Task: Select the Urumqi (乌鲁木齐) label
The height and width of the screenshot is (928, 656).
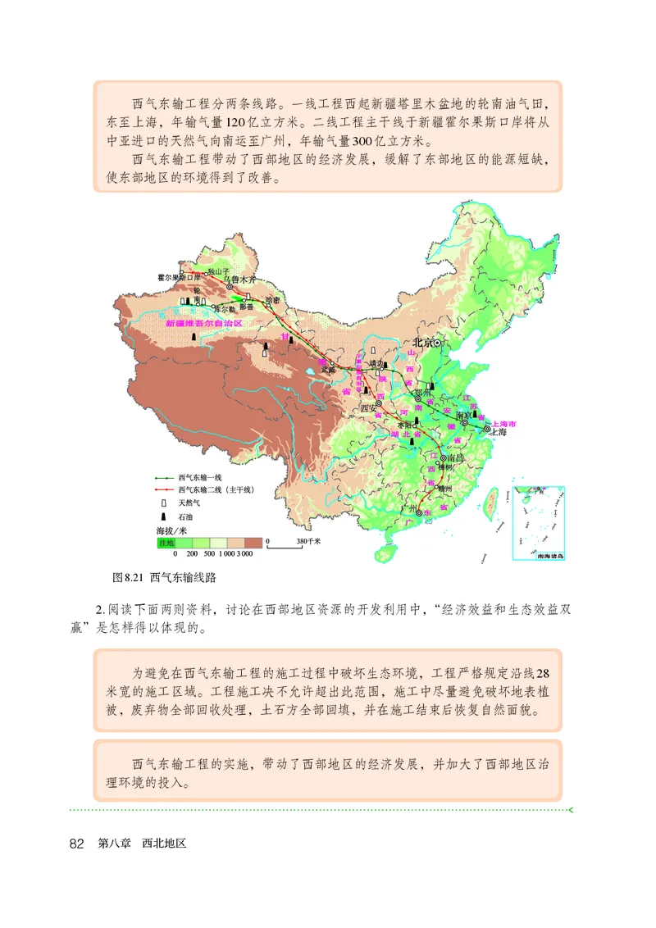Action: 244,279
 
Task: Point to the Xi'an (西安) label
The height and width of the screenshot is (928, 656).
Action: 371,407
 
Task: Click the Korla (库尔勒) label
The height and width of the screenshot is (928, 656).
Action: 222,310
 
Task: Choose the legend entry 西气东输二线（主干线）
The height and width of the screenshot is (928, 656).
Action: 215,489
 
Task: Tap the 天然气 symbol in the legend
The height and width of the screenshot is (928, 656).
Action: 164,503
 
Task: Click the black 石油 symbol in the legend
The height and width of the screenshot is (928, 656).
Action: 164,516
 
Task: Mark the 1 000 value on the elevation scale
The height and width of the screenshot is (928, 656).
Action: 225,554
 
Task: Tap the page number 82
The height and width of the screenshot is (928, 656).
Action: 78,844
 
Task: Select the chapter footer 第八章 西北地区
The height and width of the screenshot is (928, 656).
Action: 142,844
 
